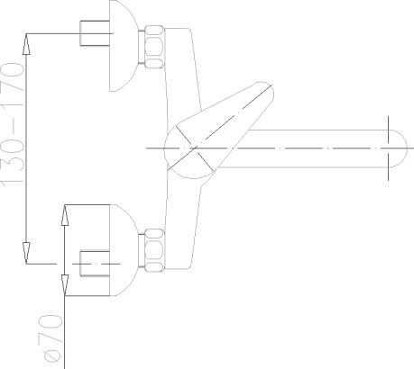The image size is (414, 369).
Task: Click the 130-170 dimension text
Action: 12,123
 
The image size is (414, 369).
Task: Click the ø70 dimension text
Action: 51,337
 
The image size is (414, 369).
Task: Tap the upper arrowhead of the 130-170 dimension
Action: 26,44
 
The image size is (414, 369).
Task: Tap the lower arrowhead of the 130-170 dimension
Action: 26,253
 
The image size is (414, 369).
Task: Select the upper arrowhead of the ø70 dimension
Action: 65,215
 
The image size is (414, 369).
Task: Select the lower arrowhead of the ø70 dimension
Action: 65,285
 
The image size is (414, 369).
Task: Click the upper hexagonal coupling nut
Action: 154,47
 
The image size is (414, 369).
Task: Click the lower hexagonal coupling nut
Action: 154,250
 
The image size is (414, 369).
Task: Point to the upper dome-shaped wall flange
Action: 124,46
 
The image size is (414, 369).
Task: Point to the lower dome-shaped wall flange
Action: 124,250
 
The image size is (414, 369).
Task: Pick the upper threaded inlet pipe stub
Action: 95,33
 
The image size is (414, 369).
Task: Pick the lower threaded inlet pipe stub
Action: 95,263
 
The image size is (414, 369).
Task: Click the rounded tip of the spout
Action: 399,148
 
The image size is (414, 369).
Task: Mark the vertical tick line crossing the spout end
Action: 388,148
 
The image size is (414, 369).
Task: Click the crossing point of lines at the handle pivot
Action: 195,148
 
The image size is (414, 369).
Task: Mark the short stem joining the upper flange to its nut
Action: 142,47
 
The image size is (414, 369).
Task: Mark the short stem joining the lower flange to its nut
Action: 142,250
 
